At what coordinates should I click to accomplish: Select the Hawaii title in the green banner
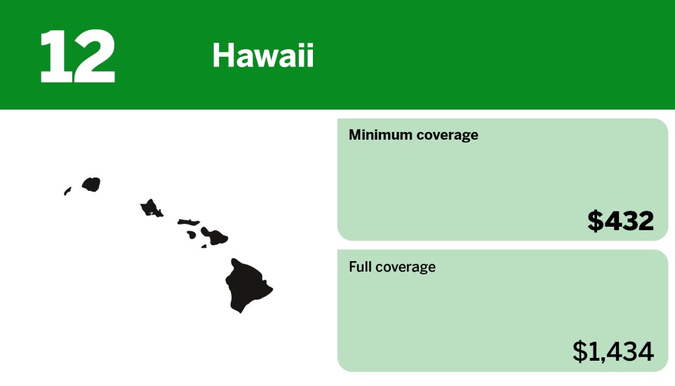pyautogui.click(x=263, y=55)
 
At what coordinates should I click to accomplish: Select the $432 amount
pyautogui.click(x=620, y=221)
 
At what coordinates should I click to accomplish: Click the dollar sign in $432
pyautogui.click(x=595, y=221)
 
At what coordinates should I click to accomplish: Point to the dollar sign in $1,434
pyautogui.click(x=580, y=351)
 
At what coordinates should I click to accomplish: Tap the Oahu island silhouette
pyautogui.click(x=151, y=208)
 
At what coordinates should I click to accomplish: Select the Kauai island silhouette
pyautogui.click(x=91, y=185)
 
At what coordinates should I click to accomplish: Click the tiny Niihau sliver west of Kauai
pyautogui.click(x=67, y=191)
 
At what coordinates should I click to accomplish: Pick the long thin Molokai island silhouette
pyautogui.click(x=188, y=222)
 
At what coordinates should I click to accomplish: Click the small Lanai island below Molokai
pyautogui.click(x=192, y=235)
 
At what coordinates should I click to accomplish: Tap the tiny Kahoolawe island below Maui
pyautogui.click(x=204, y=246)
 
